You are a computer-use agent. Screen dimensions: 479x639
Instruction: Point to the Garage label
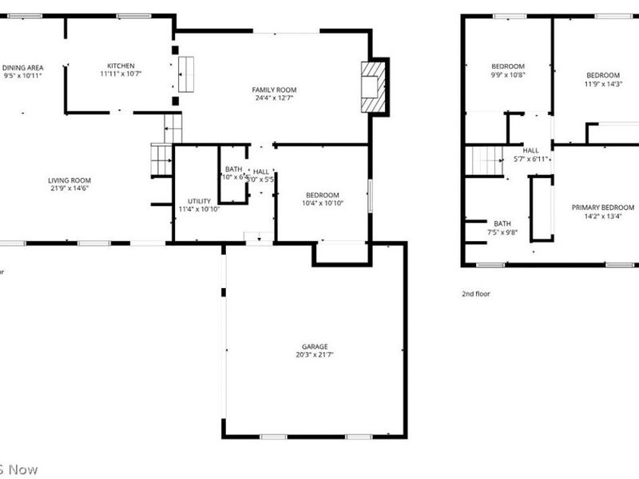314,346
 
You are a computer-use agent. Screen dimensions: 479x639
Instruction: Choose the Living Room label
69,180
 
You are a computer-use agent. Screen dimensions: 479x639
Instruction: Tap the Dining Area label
22,68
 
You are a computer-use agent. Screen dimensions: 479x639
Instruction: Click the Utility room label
199,201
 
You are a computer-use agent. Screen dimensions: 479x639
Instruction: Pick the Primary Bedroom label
602,208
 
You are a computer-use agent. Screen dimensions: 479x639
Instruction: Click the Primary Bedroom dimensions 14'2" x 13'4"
602,216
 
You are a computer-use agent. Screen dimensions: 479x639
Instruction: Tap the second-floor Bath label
502,224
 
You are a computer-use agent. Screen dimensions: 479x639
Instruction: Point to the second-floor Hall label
531,150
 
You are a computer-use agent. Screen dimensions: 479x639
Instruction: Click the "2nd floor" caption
476,294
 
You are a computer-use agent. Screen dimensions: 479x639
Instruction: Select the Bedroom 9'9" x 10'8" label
508,65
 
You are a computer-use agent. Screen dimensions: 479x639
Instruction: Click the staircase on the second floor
484,161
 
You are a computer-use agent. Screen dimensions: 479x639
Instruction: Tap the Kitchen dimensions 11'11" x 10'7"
121,73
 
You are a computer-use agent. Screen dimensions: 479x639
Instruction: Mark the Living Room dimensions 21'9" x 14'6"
69,188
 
